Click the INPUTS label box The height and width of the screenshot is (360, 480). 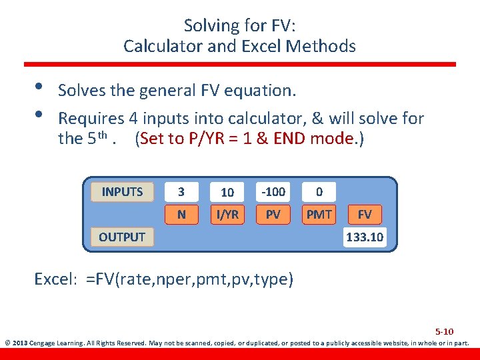122,192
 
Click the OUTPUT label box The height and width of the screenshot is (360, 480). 122,237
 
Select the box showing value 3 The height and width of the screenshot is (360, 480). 181,192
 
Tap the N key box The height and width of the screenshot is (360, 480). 181,215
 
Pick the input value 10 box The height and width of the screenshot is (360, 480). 227,192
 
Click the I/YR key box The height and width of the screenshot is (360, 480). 227,215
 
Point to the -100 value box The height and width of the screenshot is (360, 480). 273,192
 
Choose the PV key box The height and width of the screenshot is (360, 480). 273,215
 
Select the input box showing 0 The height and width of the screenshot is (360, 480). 319,192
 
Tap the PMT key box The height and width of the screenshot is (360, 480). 319,215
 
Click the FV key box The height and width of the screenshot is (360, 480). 365,215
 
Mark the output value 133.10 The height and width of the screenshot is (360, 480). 365,237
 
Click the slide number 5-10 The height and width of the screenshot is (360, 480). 444,331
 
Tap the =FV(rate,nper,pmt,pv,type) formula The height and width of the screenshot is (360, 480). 189,279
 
